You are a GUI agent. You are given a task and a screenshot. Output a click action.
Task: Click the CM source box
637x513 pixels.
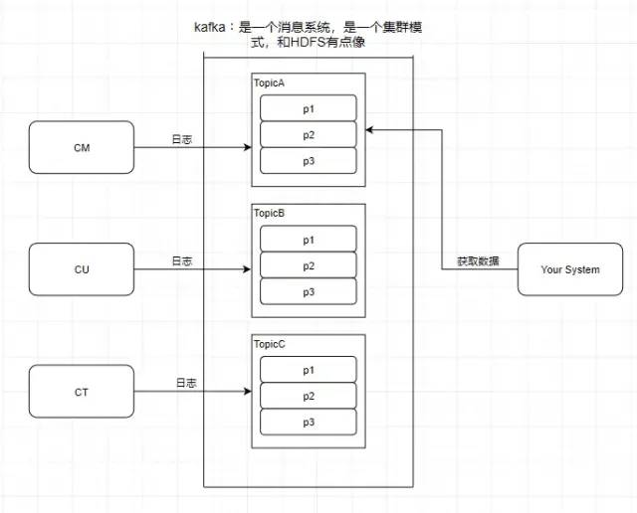point(82,148)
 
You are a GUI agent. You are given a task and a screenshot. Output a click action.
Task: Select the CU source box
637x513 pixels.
point(82,268)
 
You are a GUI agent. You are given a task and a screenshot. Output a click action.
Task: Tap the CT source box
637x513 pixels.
point(82,392)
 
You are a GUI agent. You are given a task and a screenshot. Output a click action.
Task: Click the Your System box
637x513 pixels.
point(569,269)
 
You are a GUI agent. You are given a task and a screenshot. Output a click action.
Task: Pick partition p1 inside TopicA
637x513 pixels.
point(308,107)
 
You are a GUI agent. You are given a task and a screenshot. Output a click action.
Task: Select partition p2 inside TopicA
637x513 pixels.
point(308,134)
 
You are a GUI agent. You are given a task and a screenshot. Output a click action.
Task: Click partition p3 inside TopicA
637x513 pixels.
point(308,160)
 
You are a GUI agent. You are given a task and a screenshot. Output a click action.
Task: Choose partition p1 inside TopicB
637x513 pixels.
point(308,240)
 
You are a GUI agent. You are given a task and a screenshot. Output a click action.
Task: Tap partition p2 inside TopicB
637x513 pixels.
point(308,265)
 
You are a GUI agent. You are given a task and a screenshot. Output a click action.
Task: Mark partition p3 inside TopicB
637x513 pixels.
point(308,291)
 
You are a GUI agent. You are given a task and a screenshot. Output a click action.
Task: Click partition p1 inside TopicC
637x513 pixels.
point(308,370)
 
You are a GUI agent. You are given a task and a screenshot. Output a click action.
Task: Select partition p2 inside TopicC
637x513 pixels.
point(308,396)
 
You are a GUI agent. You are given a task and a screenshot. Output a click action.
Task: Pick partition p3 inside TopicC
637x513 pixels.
point(308,422)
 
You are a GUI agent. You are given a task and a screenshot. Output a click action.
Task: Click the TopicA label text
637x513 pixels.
point(270,83)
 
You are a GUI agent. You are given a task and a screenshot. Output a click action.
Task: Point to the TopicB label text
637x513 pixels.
point(270,213)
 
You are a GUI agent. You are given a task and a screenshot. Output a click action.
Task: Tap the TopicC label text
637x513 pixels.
point(270,343)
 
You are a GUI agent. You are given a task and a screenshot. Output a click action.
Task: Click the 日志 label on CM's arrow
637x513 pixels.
point(181,140)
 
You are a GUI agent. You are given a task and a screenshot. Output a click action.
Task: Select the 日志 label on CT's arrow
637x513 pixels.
point(185,383)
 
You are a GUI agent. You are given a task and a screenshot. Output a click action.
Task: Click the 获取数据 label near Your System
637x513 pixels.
point(479,261)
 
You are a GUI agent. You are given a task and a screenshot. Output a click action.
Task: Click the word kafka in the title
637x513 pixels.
point(211,28)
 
